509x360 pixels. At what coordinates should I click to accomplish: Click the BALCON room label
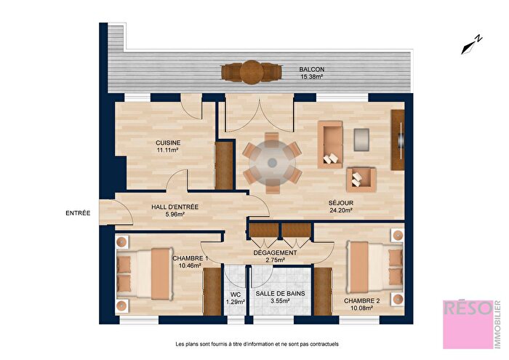point(310,70)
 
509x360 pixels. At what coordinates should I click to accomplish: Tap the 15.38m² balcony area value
point(310,76)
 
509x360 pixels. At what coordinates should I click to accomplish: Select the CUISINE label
point(167,143)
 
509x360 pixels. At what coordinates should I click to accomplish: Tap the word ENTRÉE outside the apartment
point(78,213)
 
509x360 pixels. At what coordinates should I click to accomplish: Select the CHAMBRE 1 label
point(191,258)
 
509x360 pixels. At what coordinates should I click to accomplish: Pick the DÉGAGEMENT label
point(274,253)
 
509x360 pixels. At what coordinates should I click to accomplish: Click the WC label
point(235,295)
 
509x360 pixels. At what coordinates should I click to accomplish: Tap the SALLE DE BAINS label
point(275,294)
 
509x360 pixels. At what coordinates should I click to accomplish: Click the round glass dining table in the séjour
point(272,163)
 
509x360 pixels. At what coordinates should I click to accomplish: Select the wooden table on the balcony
point(252,71)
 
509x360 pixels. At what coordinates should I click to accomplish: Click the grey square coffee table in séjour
point(361,136)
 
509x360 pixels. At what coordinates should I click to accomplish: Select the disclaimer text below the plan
point(257,344)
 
